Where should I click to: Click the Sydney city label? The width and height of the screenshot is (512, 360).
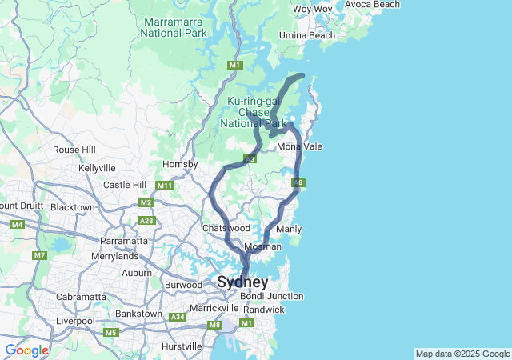tap(242, 282)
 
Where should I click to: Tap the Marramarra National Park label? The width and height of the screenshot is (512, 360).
tap(174, 27)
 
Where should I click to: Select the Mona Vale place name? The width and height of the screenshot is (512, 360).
tap(299, 147)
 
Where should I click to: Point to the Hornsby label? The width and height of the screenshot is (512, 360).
tap(180, 164)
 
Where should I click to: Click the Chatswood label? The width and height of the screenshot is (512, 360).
tap(221, 229)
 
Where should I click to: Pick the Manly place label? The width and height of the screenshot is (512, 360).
tap(288, 230)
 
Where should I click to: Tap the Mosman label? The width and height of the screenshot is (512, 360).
tap(263, 247)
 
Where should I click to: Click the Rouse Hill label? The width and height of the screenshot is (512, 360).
tap(74, 150)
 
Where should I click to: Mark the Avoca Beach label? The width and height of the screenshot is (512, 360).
tap(372, 5)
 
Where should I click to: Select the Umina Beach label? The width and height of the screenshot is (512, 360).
tap(309, 36)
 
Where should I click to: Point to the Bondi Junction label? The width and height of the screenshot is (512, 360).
tap(271, 296)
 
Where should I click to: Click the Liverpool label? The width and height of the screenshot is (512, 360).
tap(76, 321)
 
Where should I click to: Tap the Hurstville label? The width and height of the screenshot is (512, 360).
tap(182, 346)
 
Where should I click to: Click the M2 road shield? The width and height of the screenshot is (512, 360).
tap(146, 202)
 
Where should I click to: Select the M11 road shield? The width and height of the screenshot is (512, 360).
tap(165, 186)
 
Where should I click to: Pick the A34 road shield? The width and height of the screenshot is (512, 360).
tap(178, 318)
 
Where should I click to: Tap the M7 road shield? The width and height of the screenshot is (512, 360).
tap(40, 255)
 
